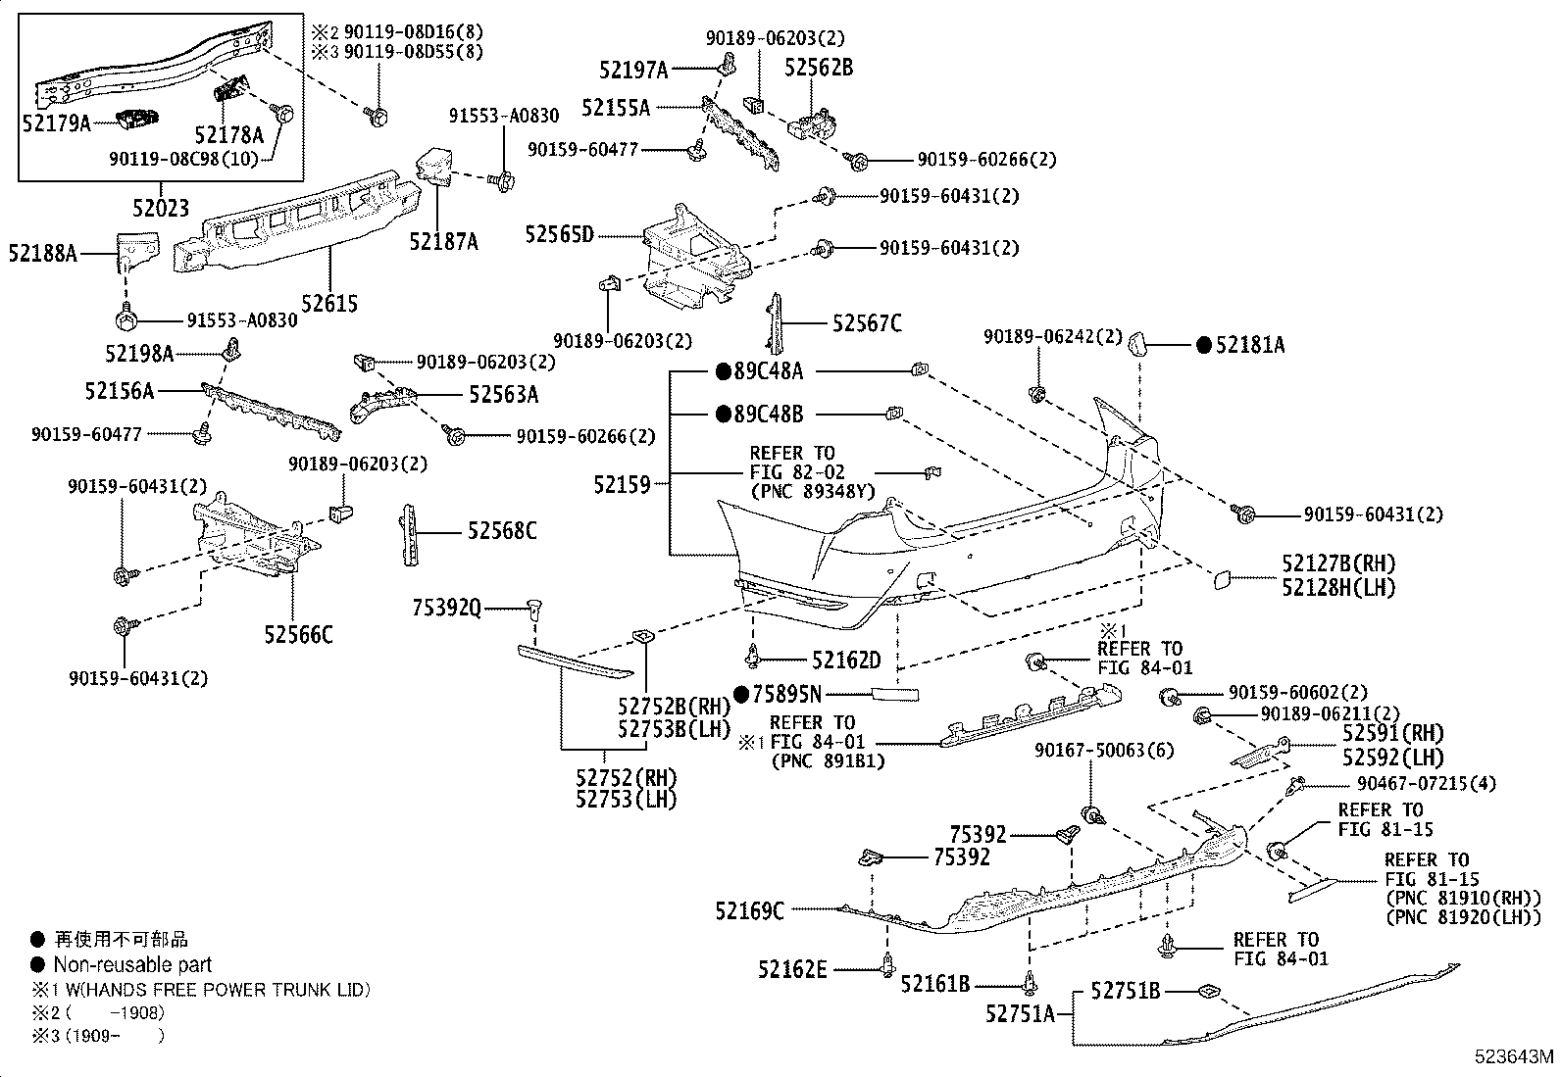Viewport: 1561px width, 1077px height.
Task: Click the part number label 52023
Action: coord(161,208)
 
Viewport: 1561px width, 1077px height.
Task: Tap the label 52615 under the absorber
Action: coord(329,304)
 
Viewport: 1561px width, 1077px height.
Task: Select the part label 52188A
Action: coord(42,253)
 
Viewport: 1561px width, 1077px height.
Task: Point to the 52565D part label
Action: coord(560,235)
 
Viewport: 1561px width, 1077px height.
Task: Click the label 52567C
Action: coord(867,323)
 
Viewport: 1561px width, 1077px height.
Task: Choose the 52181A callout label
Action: coord(1250,345)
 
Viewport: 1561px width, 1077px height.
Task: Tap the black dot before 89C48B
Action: coord(724,415)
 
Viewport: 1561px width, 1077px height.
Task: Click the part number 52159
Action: coord(623,484)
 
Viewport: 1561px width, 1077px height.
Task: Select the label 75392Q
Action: coord(447,609)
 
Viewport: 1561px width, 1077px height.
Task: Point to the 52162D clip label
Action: coord(847,660)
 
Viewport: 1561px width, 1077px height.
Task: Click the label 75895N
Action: coord(786,694)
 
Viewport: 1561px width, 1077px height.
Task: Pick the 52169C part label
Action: coord(750,910)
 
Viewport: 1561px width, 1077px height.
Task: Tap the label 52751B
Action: coord(1126,990)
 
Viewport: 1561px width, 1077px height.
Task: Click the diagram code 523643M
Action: coord(1513,1056)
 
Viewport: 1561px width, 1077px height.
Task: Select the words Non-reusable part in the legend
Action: coord(132,965)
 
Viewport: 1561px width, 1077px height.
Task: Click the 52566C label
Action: coord(298,635)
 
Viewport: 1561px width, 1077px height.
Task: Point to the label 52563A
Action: coord(504,394)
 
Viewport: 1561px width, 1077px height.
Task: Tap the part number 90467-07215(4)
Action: coord(1426,784)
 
